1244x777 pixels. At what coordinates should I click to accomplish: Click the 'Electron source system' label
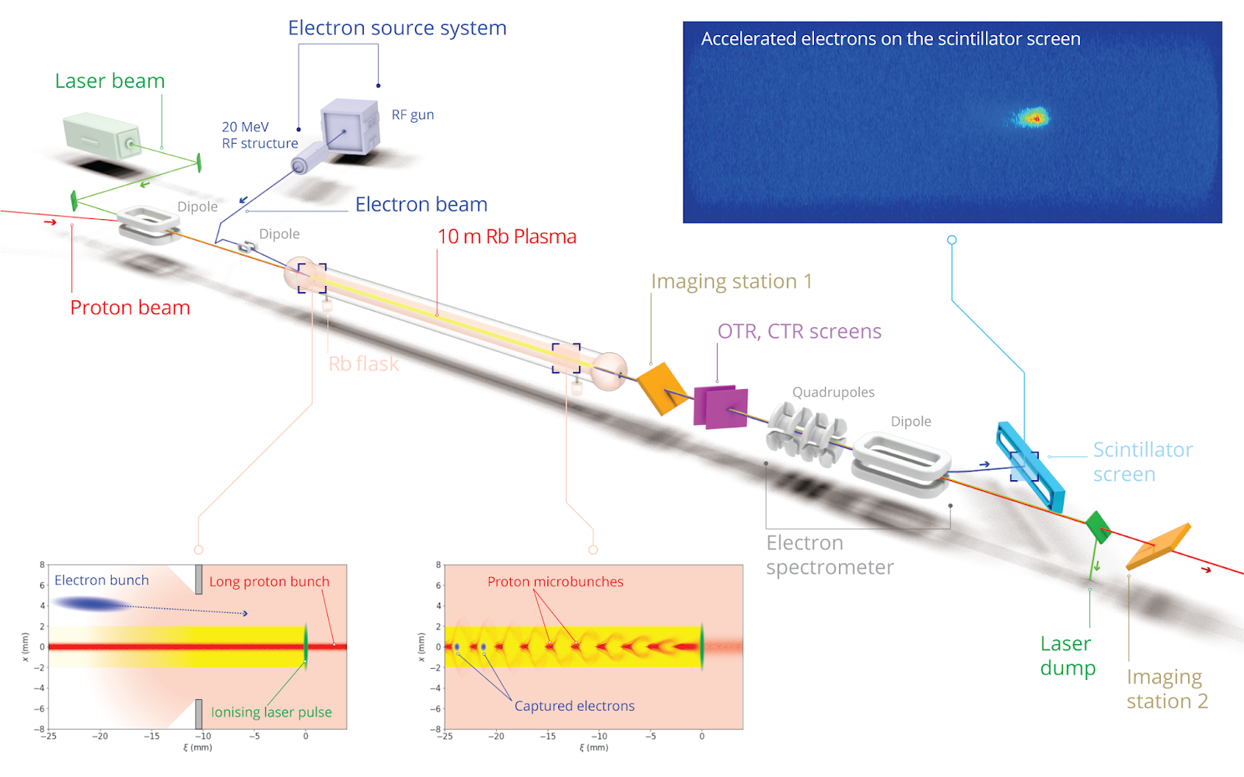click(397, 29)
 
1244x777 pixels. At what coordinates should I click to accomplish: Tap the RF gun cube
click(349, 127)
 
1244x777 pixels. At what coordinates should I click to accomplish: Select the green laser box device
click(101, 136)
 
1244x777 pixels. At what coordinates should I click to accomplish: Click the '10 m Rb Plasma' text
click(507, 237)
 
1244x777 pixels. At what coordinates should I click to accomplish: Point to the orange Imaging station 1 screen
click(662, 386)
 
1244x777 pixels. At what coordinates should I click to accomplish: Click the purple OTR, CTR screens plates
click(721, 407)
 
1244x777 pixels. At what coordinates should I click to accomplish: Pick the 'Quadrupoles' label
click(833, 392)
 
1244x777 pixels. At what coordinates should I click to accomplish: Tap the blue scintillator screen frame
click(1030, 466)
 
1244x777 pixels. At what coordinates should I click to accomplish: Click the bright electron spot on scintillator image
click(1033, 117)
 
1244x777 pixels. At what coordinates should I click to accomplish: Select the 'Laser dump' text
click(1068, 656)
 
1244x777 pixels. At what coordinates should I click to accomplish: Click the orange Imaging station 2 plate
click(1158, 545)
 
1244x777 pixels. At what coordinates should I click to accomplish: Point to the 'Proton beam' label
click(130, 308)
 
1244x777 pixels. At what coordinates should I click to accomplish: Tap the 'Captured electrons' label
click(574, 706)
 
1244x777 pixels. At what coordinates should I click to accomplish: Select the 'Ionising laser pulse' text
click(271, 712)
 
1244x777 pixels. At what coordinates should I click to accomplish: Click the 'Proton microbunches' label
click(555, 581)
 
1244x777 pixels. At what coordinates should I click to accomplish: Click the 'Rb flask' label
click(363, 364)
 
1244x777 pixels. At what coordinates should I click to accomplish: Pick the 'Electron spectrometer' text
click(829, 555)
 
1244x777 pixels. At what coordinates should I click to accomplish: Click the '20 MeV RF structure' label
click(259, 135)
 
